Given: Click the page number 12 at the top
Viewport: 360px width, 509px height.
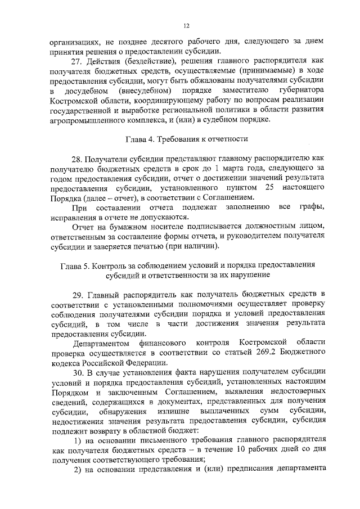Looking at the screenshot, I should [x=187, y=25].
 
